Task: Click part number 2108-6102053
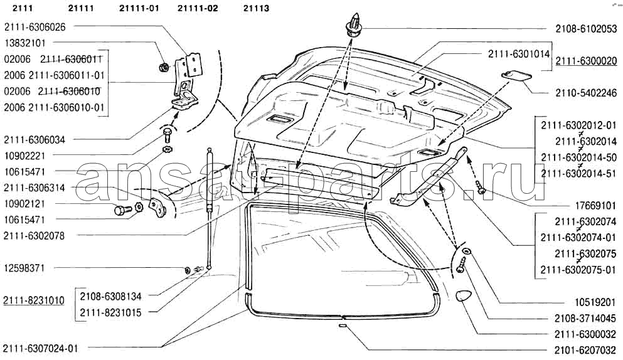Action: [586, 29]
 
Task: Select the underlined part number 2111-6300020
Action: [586, 61]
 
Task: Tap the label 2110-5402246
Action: [586, 93]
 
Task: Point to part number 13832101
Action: [25, 43]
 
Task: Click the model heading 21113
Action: [256, 8]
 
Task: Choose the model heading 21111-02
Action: [198, 8]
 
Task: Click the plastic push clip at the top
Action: [354, 25]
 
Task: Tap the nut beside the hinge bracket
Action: [162, 68]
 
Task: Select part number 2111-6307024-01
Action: [41, 349]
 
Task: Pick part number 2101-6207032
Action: [586, 351]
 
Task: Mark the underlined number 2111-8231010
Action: [34, 300]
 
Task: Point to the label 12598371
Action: [24, 268]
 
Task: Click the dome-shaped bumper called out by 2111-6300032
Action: [462, 297]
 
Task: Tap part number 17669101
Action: [596, 206]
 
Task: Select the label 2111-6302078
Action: [34, 236]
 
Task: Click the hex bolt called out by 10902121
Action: [121, 210]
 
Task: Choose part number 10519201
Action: [596, 303]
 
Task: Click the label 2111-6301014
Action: [519, 54]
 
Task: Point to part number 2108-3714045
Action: [586, 319]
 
